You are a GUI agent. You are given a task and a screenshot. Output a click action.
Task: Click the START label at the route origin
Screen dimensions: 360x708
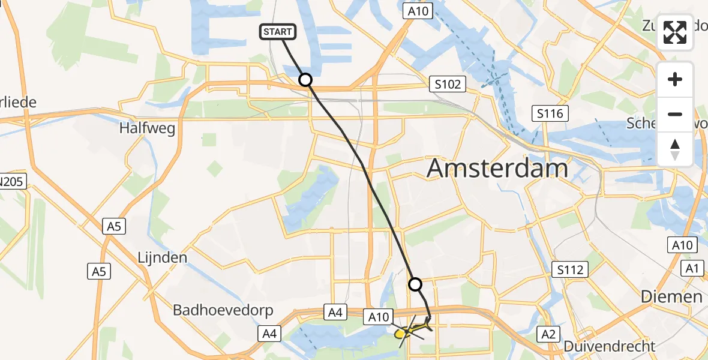pos(277,32)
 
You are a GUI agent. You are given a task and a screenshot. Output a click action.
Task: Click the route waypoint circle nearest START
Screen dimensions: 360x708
pos(305,80)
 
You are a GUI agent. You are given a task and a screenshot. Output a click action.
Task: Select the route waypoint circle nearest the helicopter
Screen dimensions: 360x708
pos(415,284)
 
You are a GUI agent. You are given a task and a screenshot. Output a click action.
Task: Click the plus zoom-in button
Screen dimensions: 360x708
pos(675,80)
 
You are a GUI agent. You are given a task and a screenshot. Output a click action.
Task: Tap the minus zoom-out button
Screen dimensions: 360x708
pos(675,114)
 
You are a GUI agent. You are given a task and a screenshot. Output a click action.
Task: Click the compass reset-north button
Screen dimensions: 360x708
pos(675,149)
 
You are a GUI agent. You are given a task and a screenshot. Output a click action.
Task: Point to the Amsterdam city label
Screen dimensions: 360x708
pos(497,169)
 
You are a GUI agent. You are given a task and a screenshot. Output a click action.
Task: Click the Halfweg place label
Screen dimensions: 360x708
pos(147,128)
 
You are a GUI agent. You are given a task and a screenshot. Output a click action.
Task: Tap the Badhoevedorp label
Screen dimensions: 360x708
pos(223,310)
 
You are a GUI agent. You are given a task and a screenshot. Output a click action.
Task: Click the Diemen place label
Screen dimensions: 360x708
pos(671,296)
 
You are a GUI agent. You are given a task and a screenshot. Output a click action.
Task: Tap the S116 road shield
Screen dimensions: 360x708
pos(550,113)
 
